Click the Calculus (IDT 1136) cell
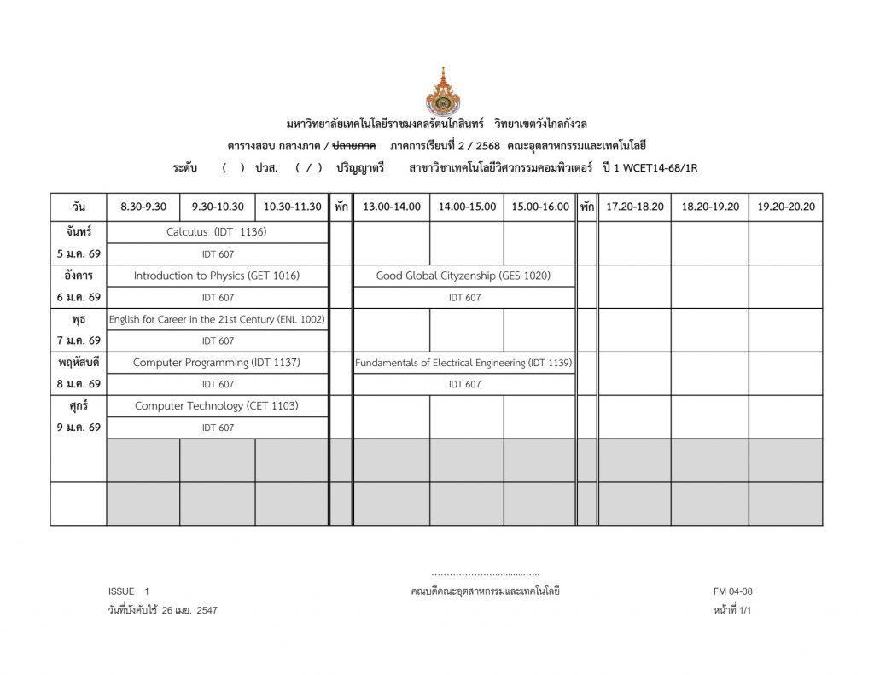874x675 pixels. [x=217, y=232]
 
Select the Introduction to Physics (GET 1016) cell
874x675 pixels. [x=217, y=276]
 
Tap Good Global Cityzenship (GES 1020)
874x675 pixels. [x=463, y=276]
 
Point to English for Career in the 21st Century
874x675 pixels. [x=217, y=319]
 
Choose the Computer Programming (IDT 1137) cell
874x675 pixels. [x=217, y=363]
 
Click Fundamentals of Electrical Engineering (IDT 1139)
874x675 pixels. [x=463, y=363]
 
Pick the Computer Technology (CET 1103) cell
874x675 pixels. [x=217, y=406]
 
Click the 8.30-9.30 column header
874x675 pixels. [x=143, y=207]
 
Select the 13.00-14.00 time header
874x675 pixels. [x=391, y=207]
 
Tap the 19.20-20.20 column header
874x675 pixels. [x=786, y=207]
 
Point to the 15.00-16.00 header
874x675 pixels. [x=539, y=207]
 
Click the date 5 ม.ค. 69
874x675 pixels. [x=79, y=253]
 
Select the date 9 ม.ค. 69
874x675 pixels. [x=79, y=428]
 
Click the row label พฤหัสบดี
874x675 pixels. [x=79, y=363]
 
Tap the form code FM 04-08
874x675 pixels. [x=732, y=591]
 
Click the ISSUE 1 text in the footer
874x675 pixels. [x=128, y=591]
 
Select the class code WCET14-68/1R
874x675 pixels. [x=660, y=168]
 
